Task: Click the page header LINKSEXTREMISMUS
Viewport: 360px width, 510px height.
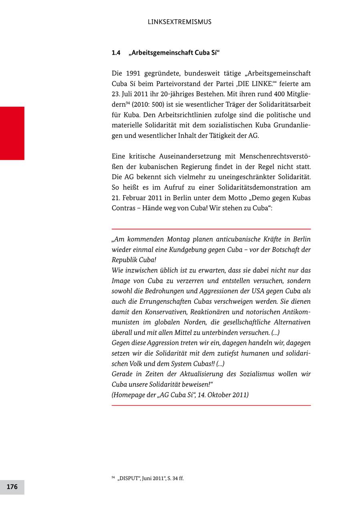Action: tap(179, 22)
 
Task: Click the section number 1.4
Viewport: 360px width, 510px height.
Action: tap(116, 53)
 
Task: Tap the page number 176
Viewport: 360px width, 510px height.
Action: tap(12, 487)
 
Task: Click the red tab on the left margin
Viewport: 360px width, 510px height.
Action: tap(12, 133)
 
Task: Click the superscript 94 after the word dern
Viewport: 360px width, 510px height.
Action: tap(128, 103)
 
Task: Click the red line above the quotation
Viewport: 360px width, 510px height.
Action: tap(211, 229)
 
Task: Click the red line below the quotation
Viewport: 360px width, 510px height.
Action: tap(211, 405)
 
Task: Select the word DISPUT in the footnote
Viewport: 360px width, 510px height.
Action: tap(128, 478)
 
